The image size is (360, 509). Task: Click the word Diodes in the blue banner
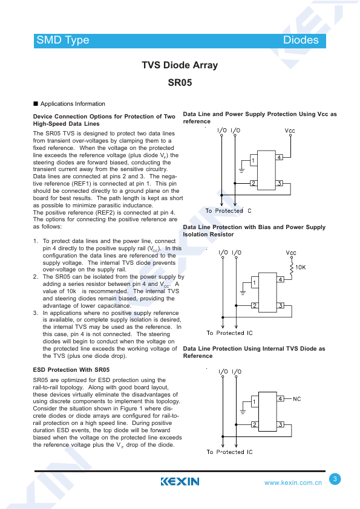301,40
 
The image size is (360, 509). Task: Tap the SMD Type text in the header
63,41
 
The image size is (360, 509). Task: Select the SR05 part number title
180,82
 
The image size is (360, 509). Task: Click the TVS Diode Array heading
180,65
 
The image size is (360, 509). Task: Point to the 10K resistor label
301,267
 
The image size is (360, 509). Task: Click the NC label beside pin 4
296,399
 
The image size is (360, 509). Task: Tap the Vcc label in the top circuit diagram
290,131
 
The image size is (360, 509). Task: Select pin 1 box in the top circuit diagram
254,160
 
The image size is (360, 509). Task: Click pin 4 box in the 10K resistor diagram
280,279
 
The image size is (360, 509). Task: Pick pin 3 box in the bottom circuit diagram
280,424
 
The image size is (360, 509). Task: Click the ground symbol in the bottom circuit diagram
243,412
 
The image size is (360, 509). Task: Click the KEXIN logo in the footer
180,481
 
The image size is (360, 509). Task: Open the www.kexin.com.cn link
293,483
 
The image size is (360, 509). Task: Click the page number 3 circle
335,479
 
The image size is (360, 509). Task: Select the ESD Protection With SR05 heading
71,370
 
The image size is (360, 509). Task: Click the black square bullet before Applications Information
36,104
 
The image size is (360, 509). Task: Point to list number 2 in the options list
36,277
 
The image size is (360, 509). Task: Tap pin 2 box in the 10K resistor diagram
254,305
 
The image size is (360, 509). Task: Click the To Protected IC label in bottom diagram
229,452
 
